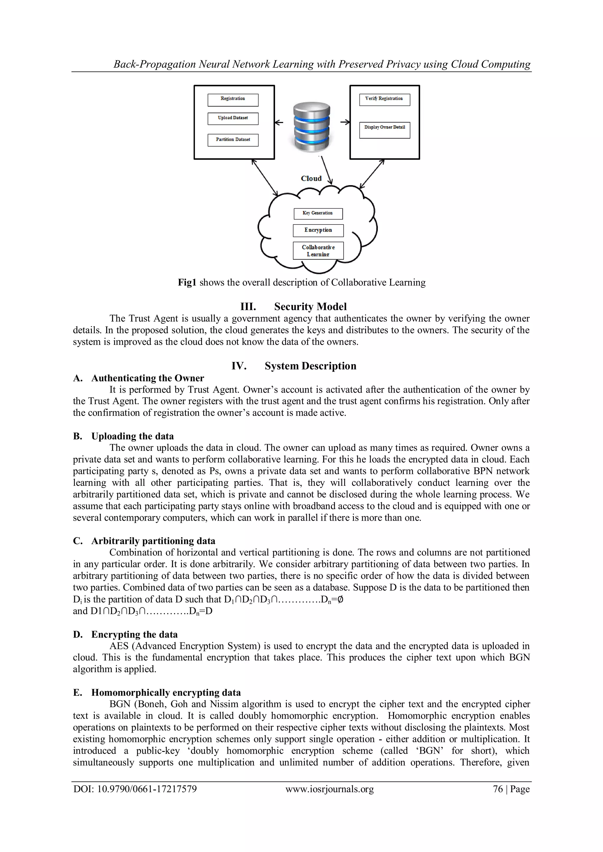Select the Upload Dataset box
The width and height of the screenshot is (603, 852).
(233, 119)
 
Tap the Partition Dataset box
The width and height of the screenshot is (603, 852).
(233, 140)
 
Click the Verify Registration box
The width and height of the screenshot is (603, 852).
(384, 100)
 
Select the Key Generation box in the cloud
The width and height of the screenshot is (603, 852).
(318, 214)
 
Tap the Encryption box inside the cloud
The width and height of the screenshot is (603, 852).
(318, 230)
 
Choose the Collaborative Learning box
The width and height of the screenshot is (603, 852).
(318, 250)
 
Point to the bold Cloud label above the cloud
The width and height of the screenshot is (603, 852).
(311, 178)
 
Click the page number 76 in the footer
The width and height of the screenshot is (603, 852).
(498, 799)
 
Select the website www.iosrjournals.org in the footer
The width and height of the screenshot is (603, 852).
(329, 799)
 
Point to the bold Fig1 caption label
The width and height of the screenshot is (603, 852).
(187, 283)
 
